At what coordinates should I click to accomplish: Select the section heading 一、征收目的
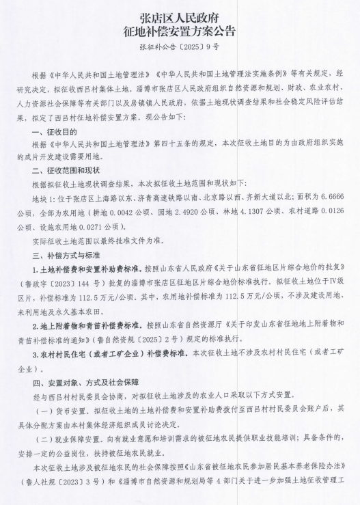pos(57,112)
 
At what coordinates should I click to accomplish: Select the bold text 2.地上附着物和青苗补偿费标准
pos(85,319)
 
